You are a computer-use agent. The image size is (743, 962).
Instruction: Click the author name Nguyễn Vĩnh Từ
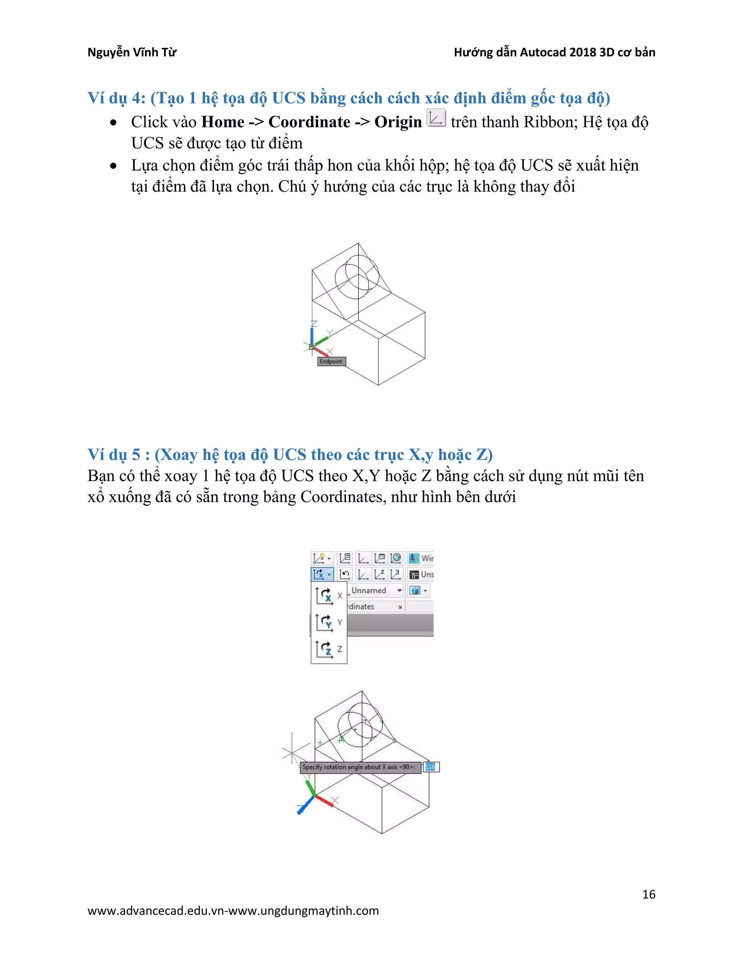point(132,52)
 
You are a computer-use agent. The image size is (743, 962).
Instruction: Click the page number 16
point(648,894)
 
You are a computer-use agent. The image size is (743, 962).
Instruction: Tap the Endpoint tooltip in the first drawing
point(331,362)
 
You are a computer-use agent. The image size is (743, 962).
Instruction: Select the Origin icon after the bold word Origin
point(436,118)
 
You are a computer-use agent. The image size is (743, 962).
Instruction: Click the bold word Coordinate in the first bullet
point(309,122)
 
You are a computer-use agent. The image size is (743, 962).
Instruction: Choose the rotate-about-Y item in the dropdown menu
point(328,622)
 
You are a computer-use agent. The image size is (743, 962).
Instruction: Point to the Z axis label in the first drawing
point(314,324)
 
